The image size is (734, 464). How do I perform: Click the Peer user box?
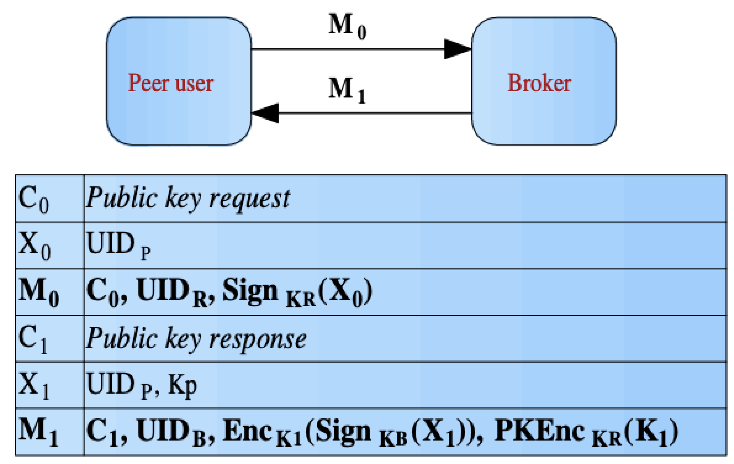point(179,81)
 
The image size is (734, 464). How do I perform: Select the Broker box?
point(543,81)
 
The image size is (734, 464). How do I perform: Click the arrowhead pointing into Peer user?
point(266,113)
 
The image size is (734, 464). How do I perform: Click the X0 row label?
point(34,245)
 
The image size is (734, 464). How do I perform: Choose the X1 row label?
point(34,385)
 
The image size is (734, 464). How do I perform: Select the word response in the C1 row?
point(258,339)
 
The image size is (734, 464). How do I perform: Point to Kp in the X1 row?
point(182,386)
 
